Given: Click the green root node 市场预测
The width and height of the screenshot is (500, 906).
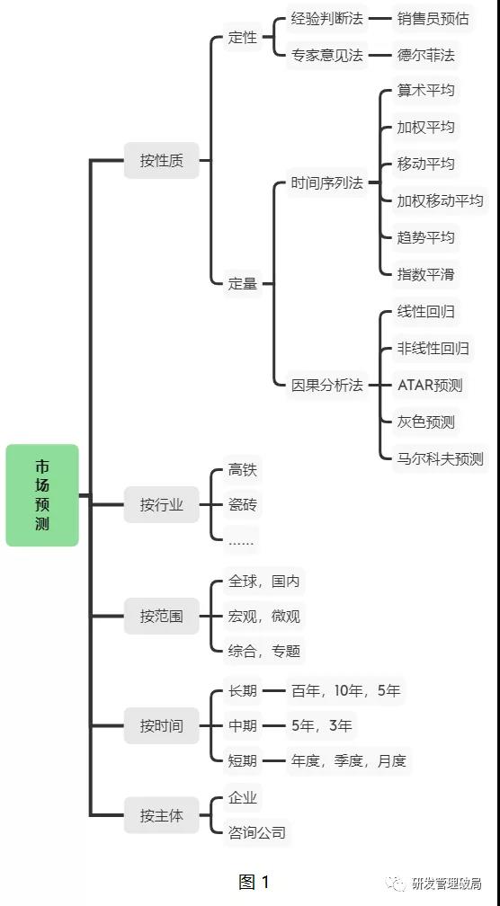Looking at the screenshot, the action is [42, 495].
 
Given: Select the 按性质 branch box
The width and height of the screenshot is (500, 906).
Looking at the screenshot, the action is [161, 161].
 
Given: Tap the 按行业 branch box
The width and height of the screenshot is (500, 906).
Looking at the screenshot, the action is [161, 505].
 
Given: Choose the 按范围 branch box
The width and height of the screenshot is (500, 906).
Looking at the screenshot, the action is [161, 616].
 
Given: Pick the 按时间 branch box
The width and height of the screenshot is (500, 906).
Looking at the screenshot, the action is [161, 725].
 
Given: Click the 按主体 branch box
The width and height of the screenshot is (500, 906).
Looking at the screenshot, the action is [161, 815].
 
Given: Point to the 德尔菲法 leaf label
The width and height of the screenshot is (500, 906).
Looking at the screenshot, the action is [426, 56].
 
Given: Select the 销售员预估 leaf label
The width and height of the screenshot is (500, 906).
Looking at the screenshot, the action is [433, 19].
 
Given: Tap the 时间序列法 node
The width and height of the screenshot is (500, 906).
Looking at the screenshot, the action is [327, 183].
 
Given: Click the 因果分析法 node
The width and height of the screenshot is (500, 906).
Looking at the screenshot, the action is [327, 386].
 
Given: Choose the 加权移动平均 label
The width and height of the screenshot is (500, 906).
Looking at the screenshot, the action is [440, 201].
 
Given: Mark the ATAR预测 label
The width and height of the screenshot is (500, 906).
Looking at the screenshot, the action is [430, 386].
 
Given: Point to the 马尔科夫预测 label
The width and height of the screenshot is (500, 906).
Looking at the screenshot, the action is [440, 459].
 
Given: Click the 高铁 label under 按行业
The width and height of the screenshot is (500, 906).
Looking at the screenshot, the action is [243, 470].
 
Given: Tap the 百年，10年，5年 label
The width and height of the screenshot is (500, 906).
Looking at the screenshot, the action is [346, 691].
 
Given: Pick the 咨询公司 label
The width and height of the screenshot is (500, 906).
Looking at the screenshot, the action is [257, 832].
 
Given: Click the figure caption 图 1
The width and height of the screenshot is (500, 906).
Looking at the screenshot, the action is [254, 883].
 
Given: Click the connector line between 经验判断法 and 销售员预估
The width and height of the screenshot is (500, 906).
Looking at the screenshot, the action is [380, 19].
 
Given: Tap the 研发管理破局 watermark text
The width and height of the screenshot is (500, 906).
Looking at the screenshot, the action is [447, 884].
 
